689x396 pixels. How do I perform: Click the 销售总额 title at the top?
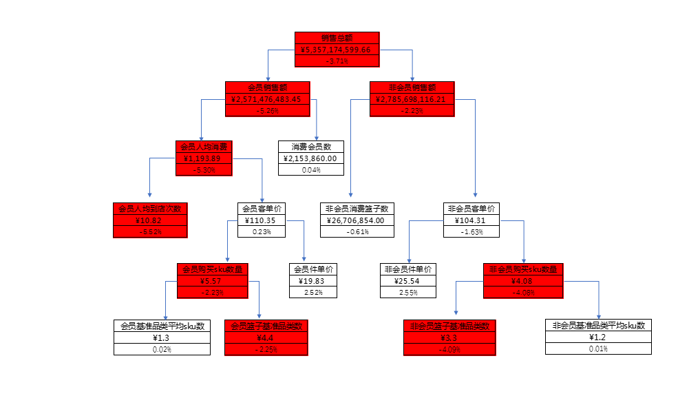click(337, 38)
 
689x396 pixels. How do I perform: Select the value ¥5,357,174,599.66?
click(337, 50)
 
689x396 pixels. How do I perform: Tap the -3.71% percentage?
click(337, 61)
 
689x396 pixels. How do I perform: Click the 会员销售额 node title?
click(268, 87)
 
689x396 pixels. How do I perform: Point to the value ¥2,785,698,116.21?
click(411, 99)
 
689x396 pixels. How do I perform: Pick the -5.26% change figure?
click(268, 110)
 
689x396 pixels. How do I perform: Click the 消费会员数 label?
click(311, 147)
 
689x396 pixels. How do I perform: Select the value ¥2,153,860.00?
click(311, 158)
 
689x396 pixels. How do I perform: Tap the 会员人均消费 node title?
click(204, 147)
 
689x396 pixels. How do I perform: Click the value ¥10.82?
click(151, 220)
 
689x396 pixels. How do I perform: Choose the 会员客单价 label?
click(262, 209)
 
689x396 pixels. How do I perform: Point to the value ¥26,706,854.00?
click(357, 220)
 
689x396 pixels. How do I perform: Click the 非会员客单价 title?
click(471, 209)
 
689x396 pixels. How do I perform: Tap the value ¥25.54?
click(408, 281)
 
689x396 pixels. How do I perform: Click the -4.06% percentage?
click(523, 293)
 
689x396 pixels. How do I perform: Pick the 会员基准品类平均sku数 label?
click(162, 326)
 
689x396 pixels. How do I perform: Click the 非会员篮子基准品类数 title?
click(449, 326)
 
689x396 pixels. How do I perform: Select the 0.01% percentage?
click(598, 349)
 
